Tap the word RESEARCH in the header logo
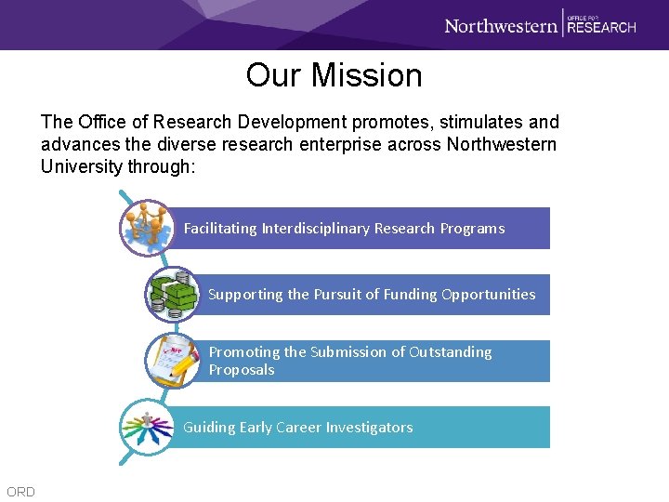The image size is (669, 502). coord(601,28)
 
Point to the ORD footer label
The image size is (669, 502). coord(20,492)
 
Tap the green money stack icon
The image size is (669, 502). coord(173,294)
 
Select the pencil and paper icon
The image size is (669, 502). coord(174,361)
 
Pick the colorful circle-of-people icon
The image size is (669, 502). coord(147,427)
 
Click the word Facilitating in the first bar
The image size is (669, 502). coord(220,229)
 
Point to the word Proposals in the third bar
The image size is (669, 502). coord(242,370)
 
